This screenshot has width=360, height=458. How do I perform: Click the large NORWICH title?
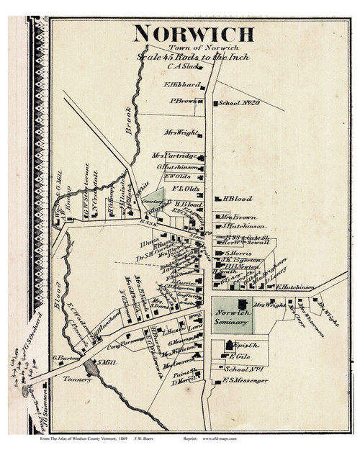click(194, 34)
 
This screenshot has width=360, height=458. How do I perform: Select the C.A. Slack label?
click(183, 68)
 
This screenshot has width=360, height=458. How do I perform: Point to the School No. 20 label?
click(238, 103)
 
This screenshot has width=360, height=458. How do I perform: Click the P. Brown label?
click(183, 102)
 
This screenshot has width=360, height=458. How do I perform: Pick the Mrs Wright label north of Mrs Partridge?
click(180, 133)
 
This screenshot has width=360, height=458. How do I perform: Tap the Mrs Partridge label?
click(174, 156)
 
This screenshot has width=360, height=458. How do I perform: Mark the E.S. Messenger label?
click(245, 380)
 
